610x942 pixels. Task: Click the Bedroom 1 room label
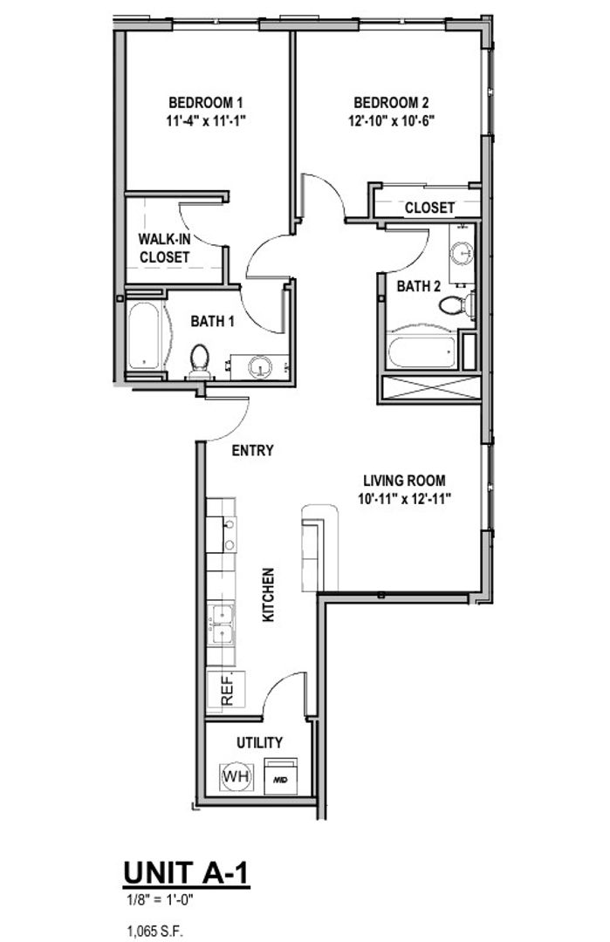[x=206, y=101]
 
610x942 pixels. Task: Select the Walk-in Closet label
[x=164, y=248]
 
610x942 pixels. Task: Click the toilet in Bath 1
[x=200, y=359]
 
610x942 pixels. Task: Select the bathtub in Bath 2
[x=423, y=349]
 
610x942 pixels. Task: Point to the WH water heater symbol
[x=234, y=775]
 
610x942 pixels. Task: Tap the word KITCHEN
[x=269, y=595]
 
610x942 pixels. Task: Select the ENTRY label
[x=253, y=451]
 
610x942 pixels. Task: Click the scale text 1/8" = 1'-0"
[x=158, y=897]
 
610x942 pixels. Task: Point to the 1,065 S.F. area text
[x=154, y=929]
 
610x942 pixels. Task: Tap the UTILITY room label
[x=259, y=742]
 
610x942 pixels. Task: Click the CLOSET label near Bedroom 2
[x=429, y=208]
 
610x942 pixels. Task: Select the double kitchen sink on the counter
[x=222, y=624]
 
